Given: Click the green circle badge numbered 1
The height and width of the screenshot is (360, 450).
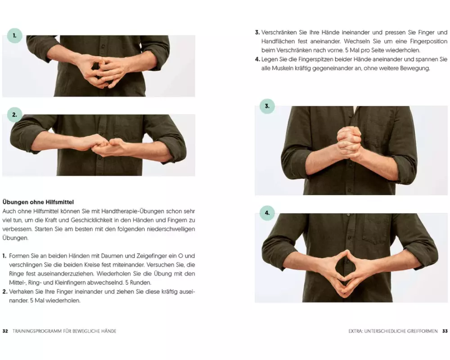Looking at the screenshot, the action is [15, 36].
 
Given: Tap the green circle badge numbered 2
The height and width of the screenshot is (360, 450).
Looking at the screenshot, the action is [15, 115].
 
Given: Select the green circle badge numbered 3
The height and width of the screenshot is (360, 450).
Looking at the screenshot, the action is [267, 106].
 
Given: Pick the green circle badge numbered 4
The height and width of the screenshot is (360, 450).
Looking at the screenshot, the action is [267, 213].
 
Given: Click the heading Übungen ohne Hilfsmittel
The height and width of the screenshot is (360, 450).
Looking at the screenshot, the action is [38, 202].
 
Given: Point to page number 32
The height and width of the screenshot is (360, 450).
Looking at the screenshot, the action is [5, 331].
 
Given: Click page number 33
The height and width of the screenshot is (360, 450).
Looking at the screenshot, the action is [445, 331].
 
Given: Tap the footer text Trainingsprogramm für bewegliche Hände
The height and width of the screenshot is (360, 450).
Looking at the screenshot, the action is [64, 331].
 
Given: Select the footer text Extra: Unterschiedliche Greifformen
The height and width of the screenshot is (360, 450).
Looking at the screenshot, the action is [393, 331].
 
